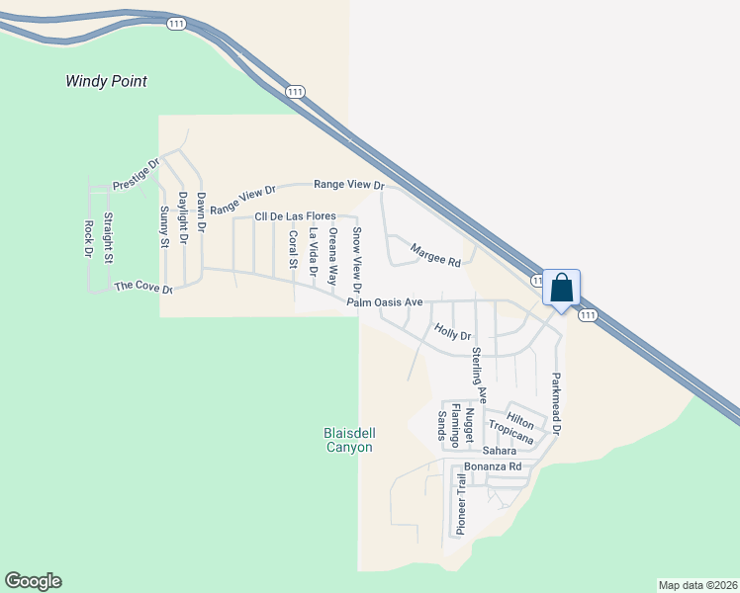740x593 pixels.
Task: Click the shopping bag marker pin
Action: click(x=561, y=290)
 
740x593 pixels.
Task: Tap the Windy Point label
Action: click(x=107, y=81)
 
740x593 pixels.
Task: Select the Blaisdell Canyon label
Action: click(x=348, y=440)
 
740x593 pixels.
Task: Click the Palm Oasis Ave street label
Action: click(x=385, y=302)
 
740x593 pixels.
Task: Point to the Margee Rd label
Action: click(x=436, y=256)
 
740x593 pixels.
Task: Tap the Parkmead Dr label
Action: click(x=556, y=404)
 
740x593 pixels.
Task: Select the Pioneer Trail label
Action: click(x=460, y=504)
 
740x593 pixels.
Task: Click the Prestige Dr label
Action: click(x=137, y=175)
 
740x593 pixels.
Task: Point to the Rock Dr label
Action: click(x=88, y=239)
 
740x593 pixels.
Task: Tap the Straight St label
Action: click(x=109, y=238)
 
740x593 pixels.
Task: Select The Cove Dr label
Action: click(x=143, y=288)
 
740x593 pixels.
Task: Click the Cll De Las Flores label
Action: click(x=293, y=216)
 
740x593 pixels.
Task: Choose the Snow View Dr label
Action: click(x=357, y=260)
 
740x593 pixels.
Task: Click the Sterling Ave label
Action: click(x=479, y=374)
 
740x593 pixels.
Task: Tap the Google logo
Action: click(x=33, y=581)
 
